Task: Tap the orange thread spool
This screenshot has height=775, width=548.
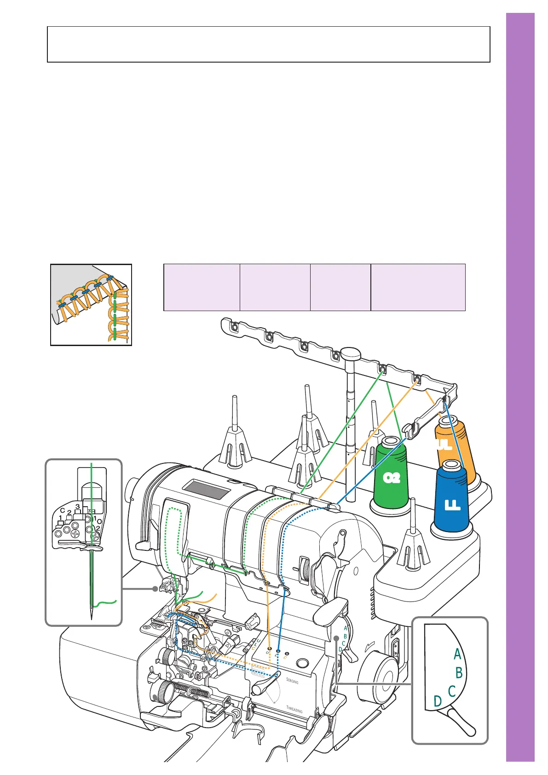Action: point(456,442)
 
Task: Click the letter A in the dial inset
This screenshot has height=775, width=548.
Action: point(457,654)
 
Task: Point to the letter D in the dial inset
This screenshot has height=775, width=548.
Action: point(438,701)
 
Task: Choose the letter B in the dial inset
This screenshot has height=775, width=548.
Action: point(459,673)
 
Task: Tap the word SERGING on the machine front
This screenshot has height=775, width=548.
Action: point(292,681)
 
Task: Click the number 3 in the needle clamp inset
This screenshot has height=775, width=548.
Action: point(77,507)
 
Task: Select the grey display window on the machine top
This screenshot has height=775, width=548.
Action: point(206,490)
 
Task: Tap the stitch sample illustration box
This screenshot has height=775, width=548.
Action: point(91,305)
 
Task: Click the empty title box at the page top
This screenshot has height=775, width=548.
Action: point(268,44)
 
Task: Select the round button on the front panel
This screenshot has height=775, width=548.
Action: point(302,663)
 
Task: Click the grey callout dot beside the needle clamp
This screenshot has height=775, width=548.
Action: point(155,589)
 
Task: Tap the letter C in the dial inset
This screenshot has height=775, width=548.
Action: point(451,691)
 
